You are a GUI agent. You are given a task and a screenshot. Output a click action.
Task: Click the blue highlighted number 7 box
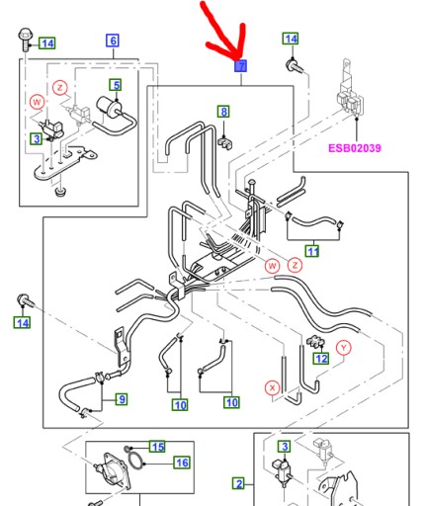pos(241,66)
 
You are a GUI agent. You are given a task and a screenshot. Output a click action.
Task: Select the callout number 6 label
pos(113,41)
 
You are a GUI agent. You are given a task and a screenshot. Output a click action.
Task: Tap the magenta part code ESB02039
pos(355,148)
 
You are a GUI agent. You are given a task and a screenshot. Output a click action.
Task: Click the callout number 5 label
pos(116,85)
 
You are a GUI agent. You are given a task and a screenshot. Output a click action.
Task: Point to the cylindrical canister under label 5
pos(109,106)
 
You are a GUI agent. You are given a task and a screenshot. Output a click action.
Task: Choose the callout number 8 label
pos(223,112)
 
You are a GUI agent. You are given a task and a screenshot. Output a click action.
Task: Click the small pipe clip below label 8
pos(225,142)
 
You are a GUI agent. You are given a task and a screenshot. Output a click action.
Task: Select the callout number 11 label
pos(312,251)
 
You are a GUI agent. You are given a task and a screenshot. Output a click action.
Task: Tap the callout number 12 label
pos(321,358)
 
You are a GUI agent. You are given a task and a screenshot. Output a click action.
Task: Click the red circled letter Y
pos(344,347)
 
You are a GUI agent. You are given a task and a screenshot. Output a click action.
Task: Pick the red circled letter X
pos(272,388)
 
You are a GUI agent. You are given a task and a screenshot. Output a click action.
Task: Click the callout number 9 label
pos(122,399)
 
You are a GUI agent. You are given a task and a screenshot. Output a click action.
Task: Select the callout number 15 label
pos(157,447)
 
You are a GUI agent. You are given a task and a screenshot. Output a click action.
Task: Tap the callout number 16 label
pos(182,463)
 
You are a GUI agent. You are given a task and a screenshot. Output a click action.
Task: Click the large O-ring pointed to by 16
pos(128,462)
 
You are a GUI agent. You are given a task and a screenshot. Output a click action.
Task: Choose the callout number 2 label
pos(239,483)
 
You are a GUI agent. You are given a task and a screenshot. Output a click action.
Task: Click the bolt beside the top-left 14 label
pos(26,40)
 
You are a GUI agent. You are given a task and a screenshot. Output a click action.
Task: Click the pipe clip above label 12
pos(314,342)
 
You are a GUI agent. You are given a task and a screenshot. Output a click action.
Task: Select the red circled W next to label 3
pos(37,102)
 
